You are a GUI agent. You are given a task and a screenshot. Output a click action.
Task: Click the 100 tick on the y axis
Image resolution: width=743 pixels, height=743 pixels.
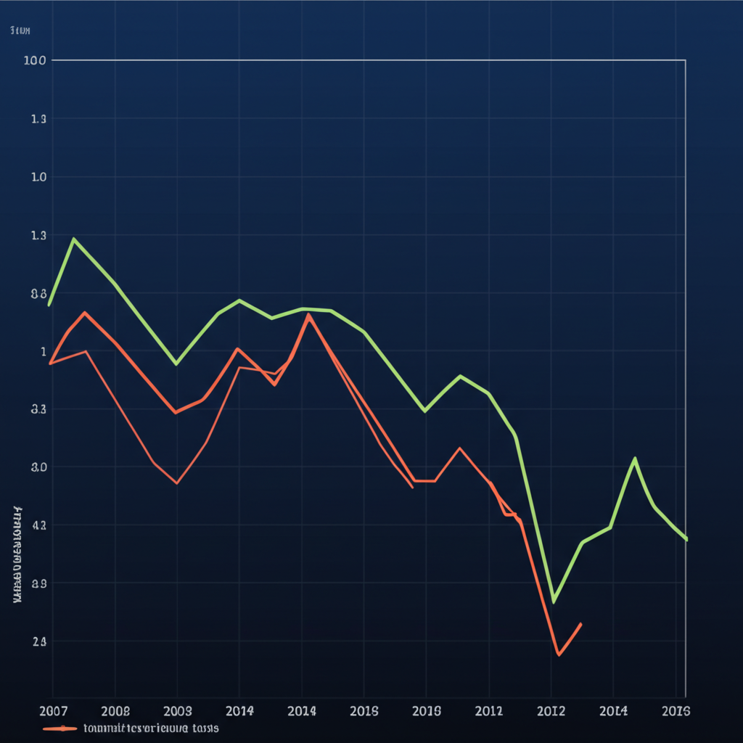pyautogui.click(x=35, y=60)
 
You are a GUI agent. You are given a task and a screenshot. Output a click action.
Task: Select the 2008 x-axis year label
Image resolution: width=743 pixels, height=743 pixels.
pyautogui.click(x=115, y=710)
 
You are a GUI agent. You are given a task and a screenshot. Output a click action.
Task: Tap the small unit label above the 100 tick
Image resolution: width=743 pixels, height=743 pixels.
pyautogui.click(x=20, y=30)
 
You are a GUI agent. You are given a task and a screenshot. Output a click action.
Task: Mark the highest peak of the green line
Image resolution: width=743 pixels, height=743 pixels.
pyautogui.click(x=74, y=238)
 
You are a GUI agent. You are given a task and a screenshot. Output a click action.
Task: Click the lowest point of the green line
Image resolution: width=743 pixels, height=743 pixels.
pyautogui.click(x=553, y=602)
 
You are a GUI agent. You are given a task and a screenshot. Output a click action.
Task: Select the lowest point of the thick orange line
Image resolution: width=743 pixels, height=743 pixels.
pyautogui.click(x=558, y=655)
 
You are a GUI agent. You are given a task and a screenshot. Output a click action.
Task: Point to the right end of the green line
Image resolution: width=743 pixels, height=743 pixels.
pyautogui.click(x=686, y=539)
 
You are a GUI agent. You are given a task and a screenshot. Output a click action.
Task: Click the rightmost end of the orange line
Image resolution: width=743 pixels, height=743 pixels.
pyautogui.click(x=580, y=623)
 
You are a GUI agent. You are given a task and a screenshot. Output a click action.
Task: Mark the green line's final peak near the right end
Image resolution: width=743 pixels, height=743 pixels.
pyautogui.click(x=635, y=458)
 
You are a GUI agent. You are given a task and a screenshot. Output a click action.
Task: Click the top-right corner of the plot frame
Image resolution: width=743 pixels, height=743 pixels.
pyautogui.click(x=685, y=60)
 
